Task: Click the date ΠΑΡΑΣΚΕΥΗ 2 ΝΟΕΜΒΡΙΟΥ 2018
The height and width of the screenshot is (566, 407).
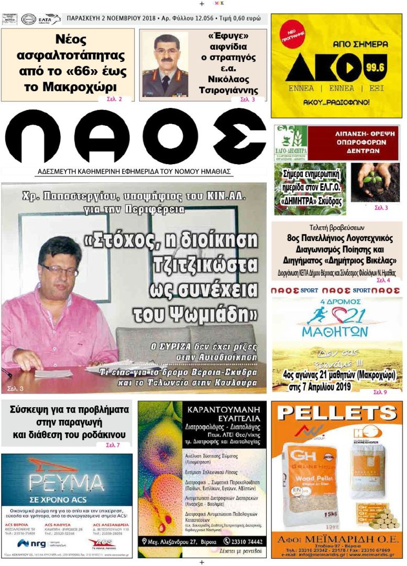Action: (111, 18)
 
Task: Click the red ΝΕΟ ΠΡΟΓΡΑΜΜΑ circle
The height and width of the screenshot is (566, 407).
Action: (292, 36)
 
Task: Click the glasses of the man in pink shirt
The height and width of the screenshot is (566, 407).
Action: (59, 270)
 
